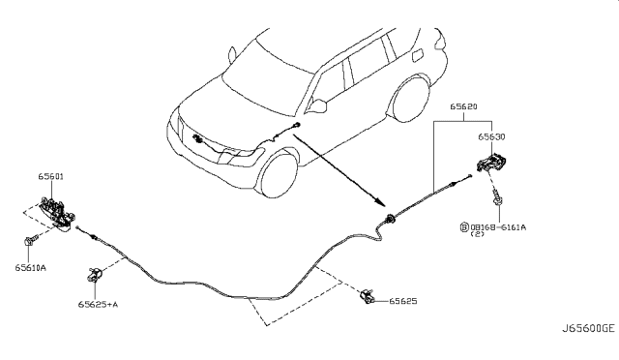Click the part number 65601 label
[x=50, y=176]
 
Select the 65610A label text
[x=30, y=268]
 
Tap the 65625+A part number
[x=98, y=304]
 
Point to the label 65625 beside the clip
[x=403, y=301]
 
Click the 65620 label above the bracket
[x=463, y=106]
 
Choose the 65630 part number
[x=491, y=136]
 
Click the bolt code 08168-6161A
[x=498, y=227]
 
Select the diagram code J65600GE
[x=588, y=328]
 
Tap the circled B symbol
[x=464, y=227]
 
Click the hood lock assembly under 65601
[x=58, y=214]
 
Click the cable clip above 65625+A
[x=95, y=274]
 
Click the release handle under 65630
[x=492, y=164]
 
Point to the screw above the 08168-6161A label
[x=496, y=198]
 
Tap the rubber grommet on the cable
[x=390, y=219]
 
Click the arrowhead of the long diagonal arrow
[x=380, y=202]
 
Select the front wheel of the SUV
[x=279, y=175]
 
